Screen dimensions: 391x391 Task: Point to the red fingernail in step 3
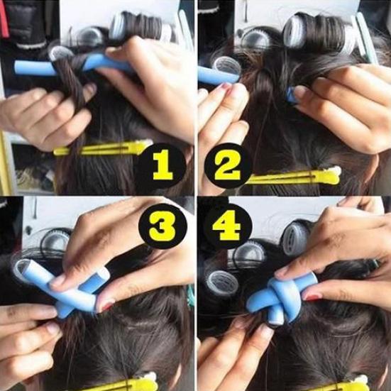[106, 307]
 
